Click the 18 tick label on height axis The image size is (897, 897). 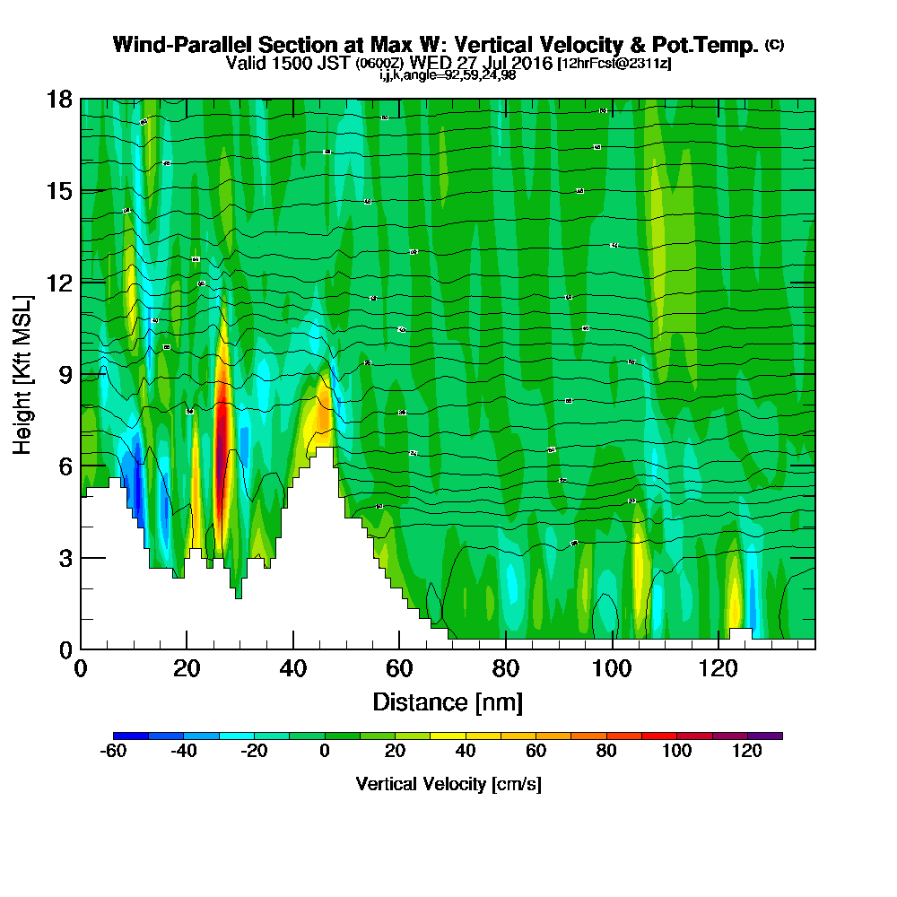pos(59,99)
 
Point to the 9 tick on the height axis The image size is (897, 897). pos(81,374)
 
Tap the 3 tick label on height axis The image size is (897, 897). pos(65,557)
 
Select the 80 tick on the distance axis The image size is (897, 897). pos(506,649)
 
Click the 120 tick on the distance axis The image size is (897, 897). pos(718,649)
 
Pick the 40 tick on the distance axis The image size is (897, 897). pos(293,649)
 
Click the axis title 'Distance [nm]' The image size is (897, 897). pos(448,701)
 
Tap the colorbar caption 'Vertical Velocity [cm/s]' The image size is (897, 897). pos(448,784)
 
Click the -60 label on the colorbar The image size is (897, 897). pos(114,752)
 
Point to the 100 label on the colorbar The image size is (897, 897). pos(676,752)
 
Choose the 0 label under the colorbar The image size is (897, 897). pos(325,752)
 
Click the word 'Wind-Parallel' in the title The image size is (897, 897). pos(167,45)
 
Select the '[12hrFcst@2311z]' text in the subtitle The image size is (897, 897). pos(614,64)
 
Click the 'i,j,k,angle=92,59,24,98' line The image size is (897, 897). pos(448,75)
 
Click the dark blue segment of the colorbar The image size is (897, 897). pos(131,736)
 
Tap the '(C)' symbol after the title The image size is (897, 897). pos(774,44)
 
